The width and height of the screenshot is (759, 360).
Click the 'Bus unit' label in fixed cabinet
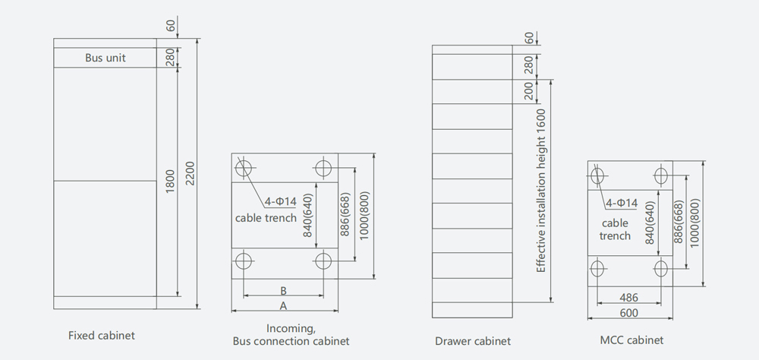[x=106, y=58]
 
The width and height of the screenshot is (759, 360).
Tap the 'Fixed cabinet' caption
[x=102, y=335]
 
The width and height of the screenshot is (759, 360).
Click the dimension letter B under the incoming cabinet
[x=283, y=290]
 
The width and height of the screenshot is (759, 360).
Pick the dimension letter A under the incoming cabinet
[x=283, y=305]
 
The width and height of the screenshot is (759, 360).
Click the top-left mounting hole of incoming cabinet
[x=244, y=167]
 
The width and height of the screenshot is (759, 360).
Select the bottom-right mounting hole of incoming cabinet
[x=323, y=262]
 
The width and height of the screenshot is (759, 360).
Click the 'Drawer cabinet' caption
[x=473, y=341]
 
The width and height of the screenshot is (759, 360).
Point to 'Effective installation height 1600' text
[x=541, y=191]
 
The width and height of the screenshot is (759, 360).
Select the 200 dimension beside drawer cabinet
[x=528, y=91]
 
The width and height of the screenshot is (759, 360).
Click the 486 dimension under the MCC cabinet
[x=628, y=298]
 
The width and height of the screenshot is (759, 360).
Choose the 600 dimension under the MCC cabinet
[x=628, y=313]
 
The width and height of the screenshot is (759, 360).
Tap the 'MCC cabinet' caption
[x=630, y=340]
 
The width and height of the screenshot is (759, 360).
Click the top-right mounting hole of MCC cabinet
[x=661, y=177]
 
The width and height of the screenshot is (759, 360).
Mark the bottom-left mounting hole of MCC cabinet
[x=598, y=267]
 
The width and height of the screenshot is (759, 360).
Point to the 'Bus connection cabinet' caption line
[x=291, y=341]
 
